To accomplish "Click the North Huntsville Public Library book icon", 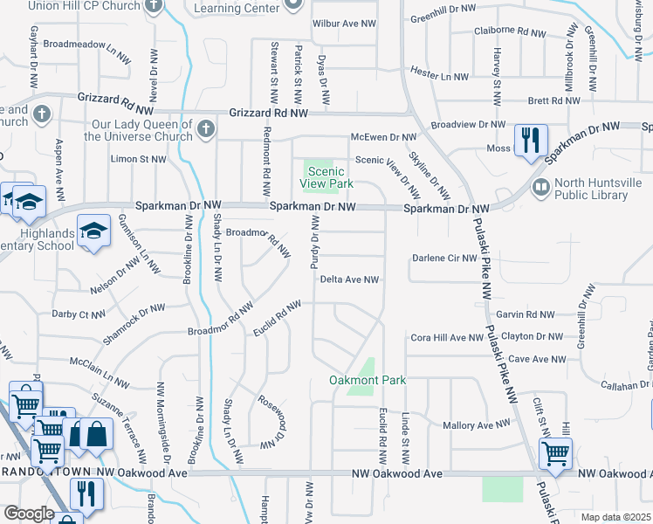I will click(x=540, y=187).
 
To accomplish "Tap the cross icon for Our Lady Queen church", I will click(x=205, y=129).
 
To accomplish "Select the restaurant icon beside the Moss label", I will click(x=531, y=140).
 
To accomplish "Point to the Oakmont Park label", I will click(x=367, y=380).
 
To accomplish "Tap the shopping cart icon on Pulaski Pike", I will click(x=555, y=452).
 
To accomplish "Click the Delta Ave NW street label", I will click(x=348, y=279).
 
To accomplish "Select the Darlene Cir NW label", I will click(x=444, y=259).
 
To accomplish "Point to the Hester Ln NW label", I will click(x=440, y=76).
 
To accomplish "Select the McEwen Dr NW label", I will click(x=384, y=137).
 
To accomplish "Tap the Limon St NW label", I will click(x=138, y=159).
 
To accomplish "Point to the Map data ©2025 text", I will click(x=615, y=517).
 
